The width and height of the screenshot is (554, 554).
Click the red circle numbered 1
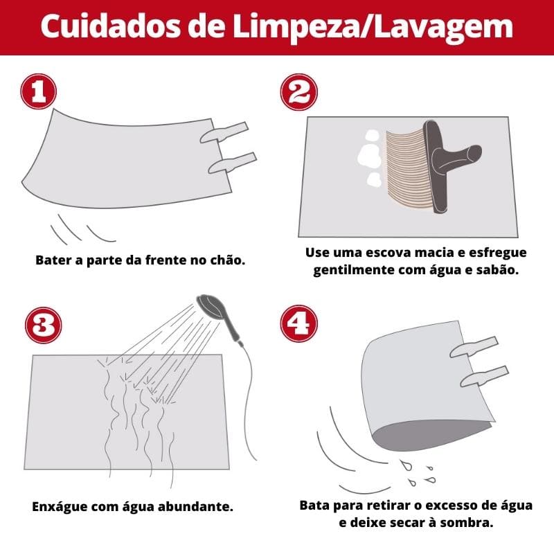(x=39, y=92)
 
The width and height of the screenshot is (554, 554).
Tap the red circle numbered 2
(x=298, y=92)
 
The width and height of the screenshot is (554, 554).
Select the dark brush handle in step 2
(x=438, y=166)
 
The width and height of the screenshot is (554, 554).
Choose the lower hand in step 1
(x=232, y=163)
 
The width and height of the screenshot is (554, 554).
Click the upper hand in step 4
(x=474, y=346)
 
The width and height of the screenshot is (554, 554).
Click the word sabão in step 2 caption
(x=495, y=269)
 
